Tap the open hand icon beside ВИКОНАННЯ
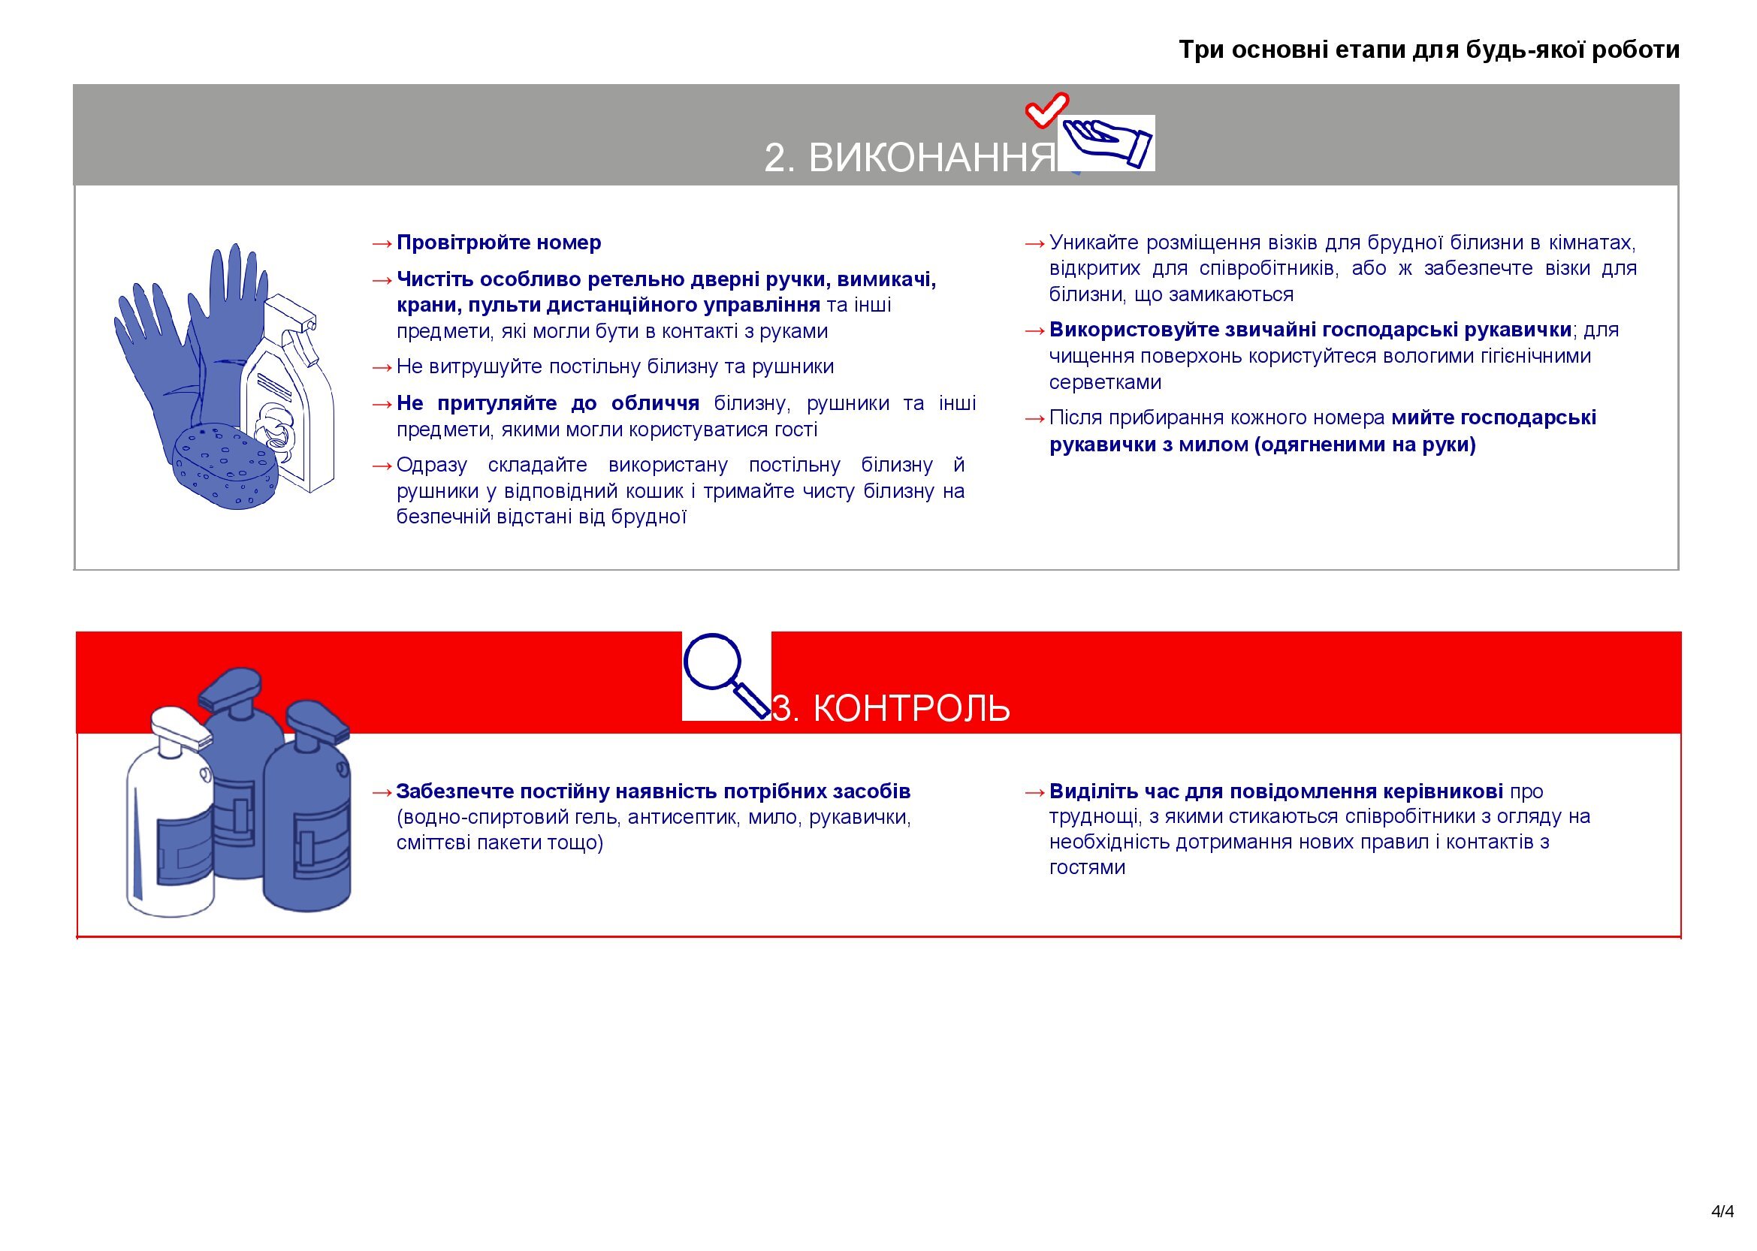tap(1107, 143)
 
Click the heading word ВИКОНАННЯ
tap(931, 158)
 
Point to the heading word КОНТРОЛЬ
tap(911, 708)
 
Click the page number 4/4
tap(1722, 1211)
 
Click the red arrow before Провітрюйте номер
tap(382, 244)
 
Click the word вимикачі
tap(886, 279)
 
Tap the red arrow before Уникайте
tap(1034, 244)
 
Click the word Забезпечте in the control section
tap(454, 791)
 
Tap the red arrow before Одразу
tap(382, 466)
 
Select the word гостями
tap(1086, 867)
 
